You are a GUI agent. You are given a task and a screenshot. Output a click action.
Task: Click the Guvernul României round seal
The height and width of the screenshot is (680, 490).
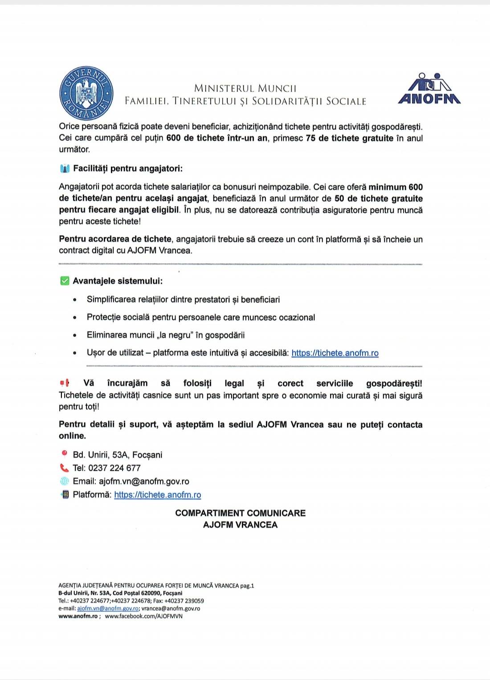tap(86, 94)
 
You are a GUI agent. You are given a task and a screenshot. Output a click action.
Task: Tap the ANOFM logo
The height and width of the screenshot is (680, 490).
tap(429, 89)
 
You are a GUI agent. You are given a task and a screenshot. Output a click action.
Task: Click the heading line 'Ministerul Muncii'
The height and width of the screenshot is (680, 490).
tap(245, 88)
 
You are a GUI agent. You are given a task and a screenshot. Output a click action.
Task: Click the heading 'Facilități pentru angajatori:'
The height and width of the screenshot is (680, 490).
tap(127, 169)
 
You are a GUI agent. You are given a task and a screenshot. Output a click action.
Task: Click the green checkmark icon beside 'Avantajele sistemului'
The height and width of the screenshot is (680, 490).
tap(65, 281)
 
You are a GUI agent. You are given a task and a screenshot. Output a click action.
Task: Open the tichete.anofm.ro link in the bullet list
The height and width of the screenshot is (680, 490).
tap(335, 353)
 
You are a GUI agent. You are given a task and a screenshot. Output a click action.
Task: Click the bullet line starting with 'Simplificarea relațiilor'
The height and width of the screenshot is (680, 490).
tap(183, 300)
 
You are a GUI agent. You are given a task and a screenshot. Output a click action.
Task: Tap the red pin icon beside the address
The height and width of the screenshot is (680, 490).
tap(65, 454)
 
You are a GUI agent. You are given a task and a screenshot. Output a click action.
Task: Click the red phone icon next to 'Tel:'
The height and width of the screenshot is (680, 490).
tap(65, 468)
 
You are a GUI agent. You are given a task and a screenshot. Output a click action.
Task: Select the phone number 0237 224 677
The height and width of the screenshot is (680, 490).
tap(114, 468)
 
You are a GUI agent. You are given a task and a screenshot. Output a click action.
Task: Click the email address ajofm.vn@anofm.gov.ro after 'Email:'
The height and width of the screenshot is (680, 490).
tap(144, 481)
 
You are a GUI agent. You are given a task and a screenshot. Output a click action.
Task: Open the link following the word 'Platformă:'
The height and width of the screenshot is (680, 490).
tap(158, 495)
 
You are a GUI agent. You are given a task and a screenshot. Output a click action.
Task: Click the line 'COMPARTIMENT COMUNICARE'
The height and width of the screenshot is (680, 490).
tap(241, 513)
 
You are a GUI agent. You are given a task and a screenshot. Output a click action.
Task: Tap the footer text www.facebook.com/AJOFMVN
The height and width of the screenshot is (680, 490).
tap(143, 616)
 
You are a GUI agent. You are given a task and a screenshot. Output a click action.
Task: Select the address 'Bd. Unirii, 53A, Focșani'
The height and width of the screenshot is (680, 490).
tap(118, 455)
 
